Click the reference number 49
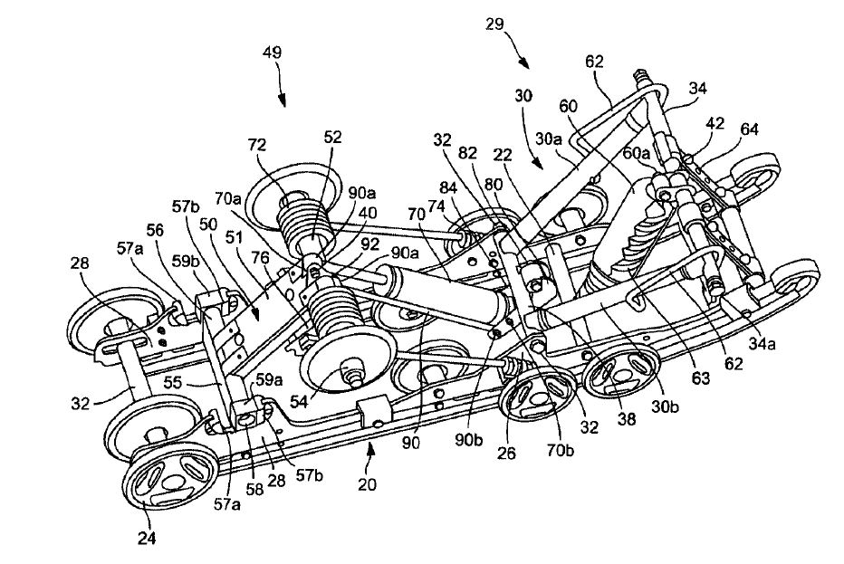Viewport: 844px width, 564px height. [x=273, y=53]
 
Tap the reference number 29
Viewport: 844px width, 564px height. [x=494, y=24]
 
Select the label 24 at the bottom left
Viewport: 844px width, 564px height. [x=147, y=538]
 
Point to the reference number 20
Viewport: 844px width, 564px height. [x=367, y=485]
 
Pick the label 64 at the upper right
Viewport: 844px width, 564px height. [x=749, y=129]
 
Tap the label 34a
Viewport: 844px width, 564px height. [x=762, y=343]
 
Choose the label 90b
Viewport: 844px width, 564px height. [x=469, y=439]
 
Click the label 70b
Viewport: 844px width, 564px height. [x=561, y=450]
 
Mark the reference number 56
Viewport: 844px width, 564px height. [x=155, y=230]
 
